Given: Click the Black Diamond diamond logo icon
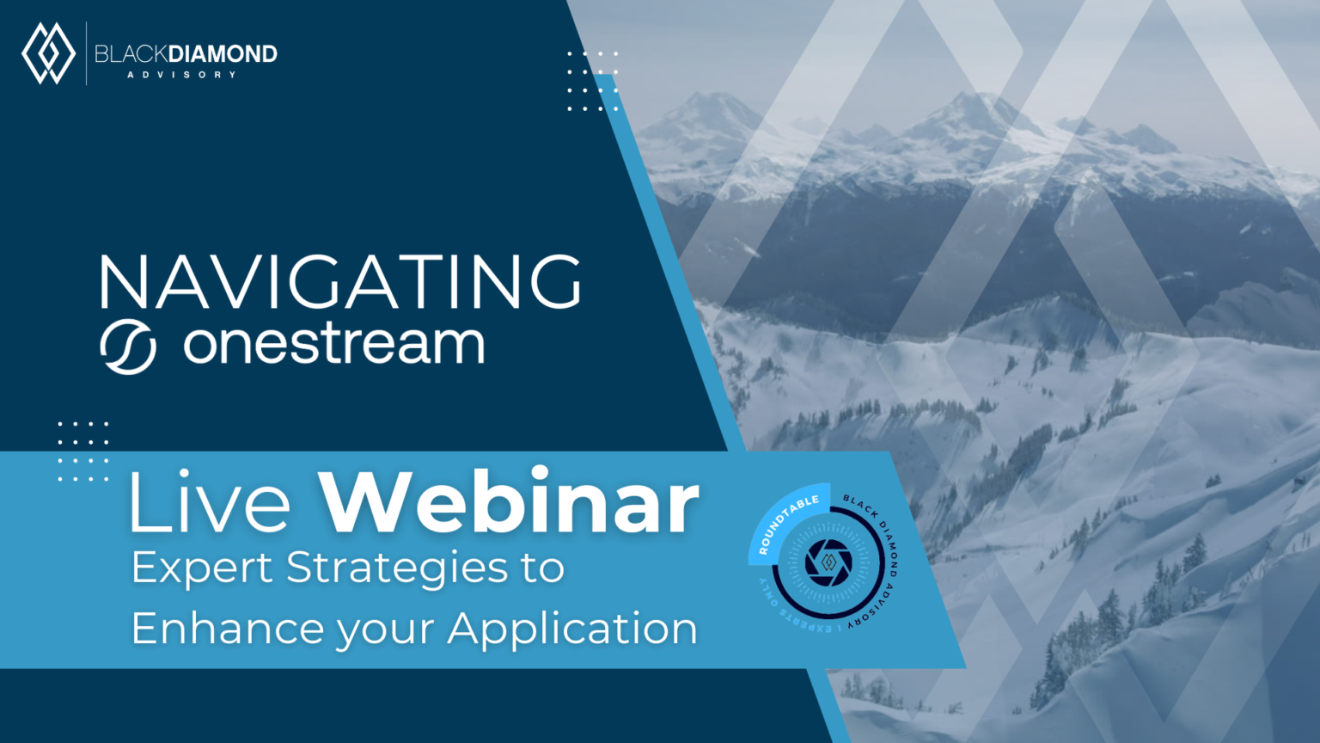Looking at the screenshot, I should pyautogui.click(x=48, y=53).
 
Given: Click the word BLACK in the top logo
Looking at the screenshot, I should pyautogui.click(x=131, y=54).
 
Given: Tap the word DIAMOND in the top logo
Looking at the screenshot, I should pyautogui.click(x=223, y=54).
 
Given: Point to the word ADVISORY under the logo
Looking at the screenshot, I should pyautogui.click(x=181, y=75).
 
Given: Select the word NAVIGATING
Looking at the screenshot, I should pyautogui.click(x=340, y=282).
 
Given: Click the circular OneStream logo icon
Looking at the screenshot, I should pyautogui.click(x=128, y=347).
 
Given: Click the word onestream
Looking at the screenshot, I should pyautogui.click(x=334, y=344).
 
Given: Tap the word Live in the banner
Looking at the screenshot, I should pyautogui.click(x=211, y=503).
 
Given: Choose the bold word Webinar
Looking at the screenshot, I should pyautogui.click(x=510, y=502).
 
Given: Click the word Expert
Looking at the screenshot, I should pyautogui.click(x=202, y=568).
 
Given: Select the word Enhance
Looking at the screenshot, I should pyautogui.click(x=228, y=628).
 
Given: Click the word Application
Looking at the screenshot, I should pyautogui.click(x=572, y=629).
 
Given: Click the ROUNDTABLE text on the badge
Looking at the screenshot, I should pyautogui.click(x=785, y=523).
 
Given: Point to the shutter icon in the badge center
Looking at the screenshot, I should pyautogui.click(x=828, y=562).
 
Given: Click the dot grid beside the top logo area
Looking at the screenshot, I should pyautogui.click(x=592, y=82).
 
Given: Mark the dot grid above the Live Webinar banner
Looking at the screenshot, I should pyautogui.click(x=83, y=451).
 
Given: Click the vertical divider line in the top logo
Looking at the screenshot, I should pyautogui.click(x=87, y=53).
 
